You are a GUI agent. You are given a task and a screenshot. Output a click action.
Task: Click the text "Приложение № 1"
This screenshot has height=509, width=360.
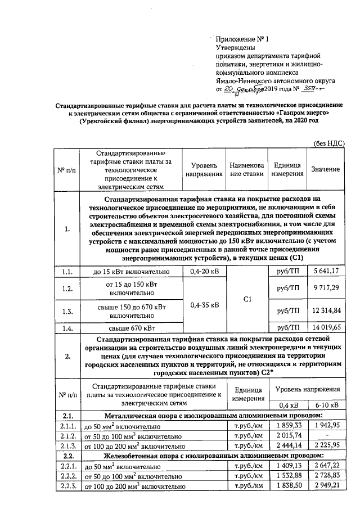pyautogui.click(x=243, y=39)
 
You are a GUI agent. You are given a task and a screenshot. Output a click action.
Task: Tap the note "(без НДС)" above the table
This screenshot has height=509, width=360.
pyautogui.click(x=328, y=143)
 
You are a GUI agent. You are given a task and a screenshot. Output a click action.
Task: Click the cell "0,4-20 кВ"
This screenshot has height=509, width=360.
pyautogui.click(x=204, y=272)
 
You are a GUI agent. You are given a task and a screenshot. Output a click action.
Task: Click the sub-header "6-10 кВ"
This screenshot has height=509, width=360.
pyautogui.click(x=326, y=405)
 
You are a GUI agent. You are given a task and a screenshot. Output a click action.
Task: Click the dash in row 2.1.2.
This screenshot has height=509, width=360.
pyautogui.click(x=326, y=435)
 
